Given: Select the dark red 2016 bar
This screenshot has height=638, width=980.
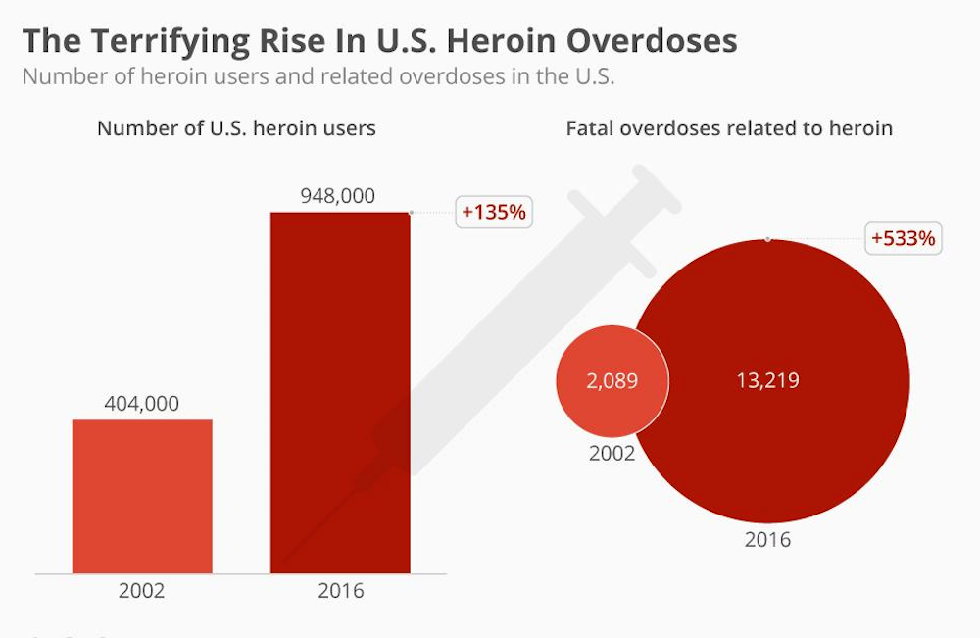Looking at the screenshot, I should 340,392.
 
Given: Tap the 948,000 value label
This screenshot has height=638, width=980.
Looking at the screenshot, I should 337,196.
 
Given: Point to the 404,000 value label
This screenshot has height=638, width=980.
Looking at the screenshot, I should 142,403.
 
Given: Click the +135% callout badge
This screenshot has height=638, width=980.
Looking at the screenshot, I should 494,211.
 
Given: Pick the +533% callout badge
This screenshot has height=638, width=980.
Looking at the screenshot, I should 904,237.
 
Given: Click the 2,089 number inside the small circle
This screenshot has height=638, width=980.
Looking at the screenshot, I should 612,380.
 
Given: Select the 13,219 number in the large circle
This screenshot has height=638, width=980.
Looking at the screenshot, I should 767,380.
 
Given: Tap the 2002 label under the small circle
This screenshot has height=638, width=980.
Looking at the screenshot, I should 612,454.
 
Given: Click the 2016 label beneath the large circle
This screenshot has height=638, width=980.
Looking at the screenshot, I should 767,540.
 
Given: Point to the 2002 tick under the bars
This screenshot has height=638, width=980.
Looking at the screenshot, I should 142,591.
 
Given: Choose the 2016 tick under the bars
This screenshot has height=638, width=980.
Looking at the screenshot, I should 340,591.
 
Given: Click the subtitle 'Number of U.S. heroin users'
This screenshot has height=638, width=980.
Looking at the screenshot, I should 236,128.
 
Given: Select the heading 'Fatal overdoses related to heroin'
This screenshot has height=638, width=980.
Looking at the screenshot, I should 729,128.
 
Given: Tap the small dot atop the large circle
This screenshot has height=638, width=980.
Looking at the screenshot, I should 767,238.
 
